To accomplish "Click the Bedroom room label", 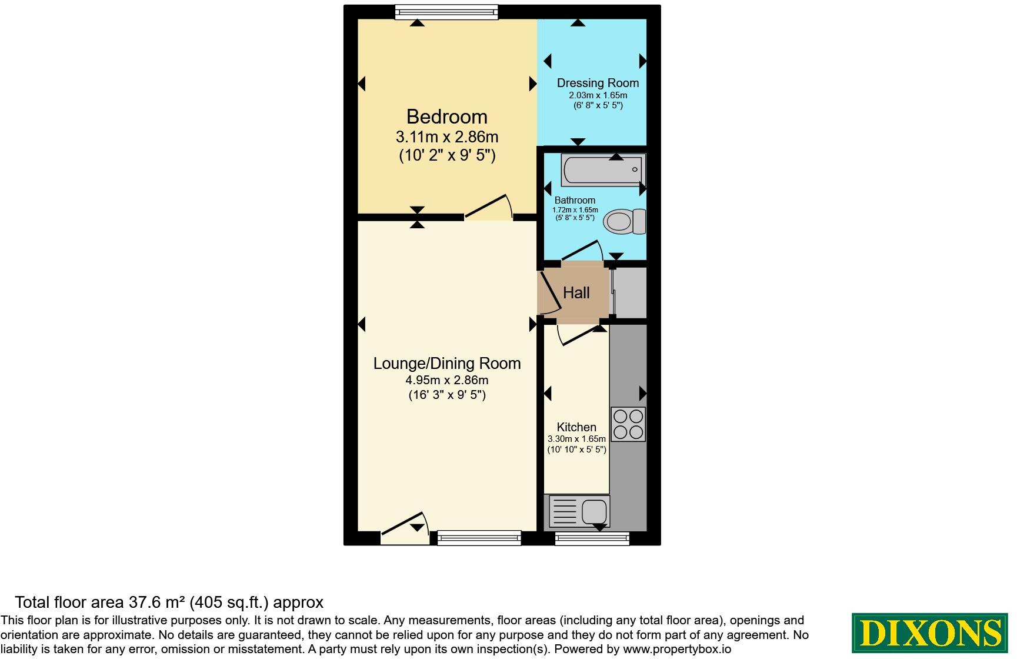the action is click(x=446, y=117).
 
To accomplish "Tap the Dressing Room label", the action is click(x=598, y=83).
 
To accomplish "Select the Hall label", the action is click(x=576, y=292).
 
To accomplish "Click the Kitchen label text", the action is click(x=576, y=427).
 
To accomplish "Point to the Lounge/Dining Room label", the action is click(x=447, y=363).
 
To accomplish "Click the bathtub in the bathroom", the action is click(x=603, y=169).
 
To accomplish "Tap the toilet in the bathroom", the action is click(x=625, y=222).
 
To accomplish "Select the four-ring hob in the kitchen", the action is click(x=628, y=424).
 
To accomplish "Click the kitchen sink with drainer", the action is click(x=579, y=511).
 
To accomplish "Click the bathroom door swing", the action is click(x=582, y=250).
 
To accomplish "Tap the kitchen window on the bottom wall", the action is click(x=592, y=538).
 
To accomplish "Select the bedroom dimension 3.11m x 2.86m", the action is click(x=446, y=137).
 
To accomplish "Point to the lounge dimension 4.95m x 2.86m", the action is click(x=447, y=380).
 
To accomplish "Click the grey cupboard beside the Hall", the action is click(x=630, y=292).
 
